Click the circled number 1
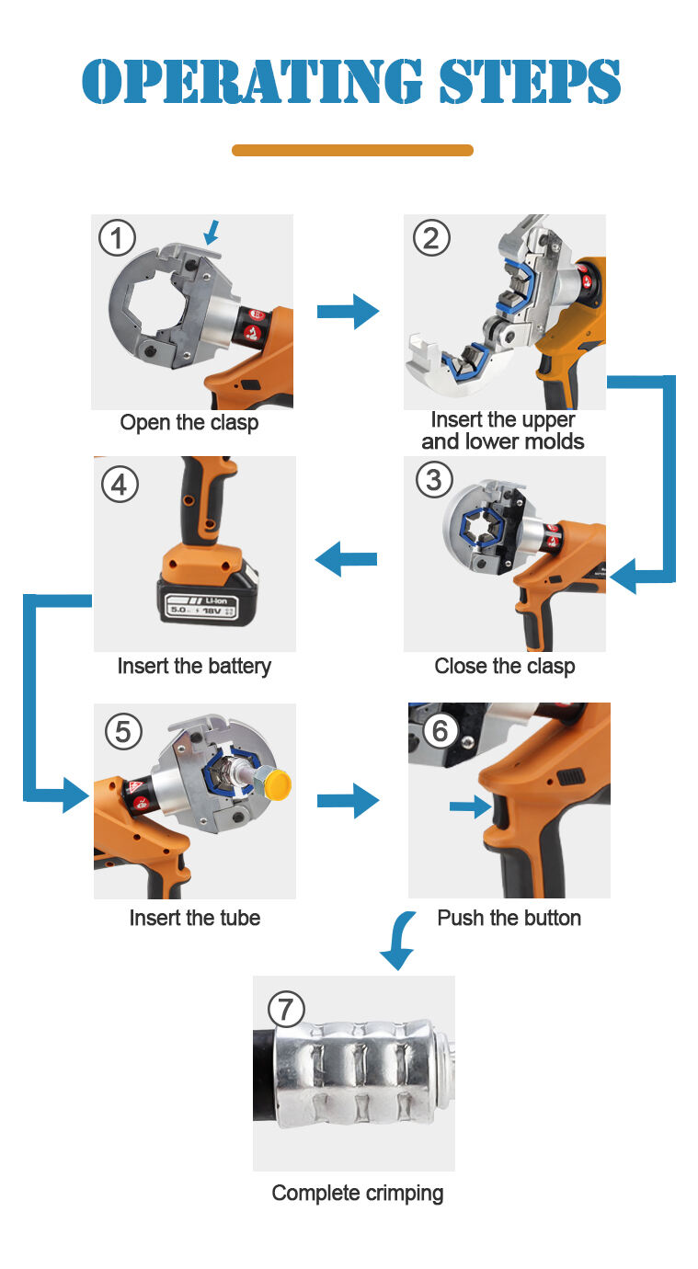(x=117, y=239)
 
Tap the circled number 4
(x=120, y=483)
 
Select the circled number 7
(x=285, y=1009)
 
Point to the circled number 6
(x=440, y=730)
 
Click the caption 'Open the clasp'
(x=189, y=423)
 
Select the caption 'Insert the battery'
(x=194, y=666)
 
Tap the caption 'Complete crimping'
(x=358, y=1194)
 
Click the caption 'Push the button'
(x=509, y=918)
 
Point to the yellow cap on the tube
(x=276, y=784)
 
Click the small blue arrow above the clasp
(x=212, y=231)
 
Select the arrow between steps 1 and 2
(x=348, y=312)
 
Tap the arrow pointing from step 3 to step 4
(x=346, y=558)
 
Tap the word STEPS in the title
(x=529, y=82)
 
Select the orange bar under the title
(x=352, y=150)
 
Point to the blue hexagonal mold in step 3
(x=476, y=532)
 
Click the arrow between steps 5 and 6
(x=348, y=801)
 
